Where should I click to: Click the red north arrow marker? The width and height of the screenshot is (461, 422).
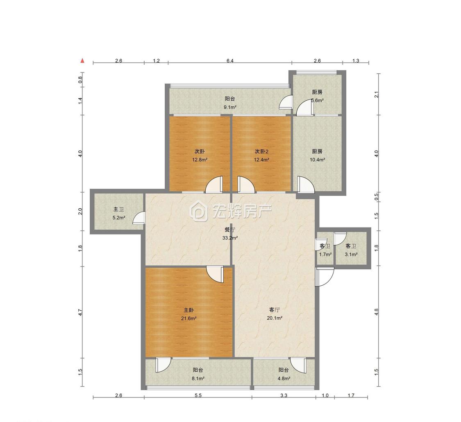click(x=83, y=61)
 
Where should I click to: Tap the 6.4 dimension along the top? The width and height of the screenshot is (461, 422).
click(x=230, y=61)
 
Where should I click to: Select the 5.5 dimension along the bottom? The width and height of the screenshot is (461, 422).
click(x=198, y=395)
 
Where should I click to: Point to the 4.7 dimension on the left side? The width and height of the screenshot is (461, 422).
click(x=80, y=312)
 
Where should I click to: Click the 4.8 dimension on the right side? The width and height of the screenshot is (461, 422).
click(x=376, y=312)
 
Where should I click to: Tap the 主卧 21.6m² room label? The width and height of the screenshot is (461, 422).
click(x=188, y=314)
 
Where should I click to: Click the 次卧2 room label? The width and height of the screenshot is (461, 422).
click(x=261, y=151)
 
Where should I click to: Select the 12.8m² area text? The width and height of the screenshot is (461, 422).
click(x=200, y=160)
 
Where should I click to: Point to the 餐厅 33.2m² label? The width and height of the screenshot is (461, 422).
click(x=229, y=234)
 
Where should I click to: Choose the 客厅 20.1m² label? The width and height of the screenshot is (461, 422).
click(x=275, y=314)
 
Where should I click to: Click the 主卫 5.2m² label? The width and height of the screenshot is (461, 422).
click(x=118, y=214)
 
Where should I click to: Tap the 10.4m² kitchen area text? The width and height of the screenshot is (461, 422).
click(x=317, y=160)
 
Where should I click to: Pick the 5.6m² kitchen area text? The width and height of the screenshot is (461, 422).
click(x=317, y=100)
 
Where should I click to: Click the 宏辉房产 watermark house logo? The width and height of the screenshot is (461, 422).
click(x=198, y=210)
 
